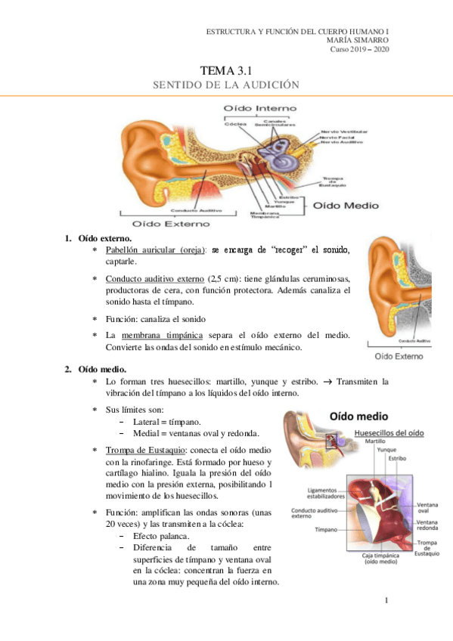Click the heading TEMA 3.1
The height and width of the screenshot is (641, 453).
pyautogui.click(x=225, y=70)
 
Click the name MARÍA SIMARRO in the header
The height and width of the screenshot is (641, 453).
pyautogui.click(x=355, y=40)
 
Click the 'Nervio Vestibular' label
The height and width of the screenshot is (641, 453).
pyautogui.click(x=342, y=130)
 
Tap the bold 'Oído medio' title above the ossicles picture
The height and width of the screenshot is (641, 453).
pyautogui.click(x=358, y=416)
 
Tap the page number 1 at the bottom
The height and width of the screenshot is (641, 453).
pyautogui.click(x=386, y=601)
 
